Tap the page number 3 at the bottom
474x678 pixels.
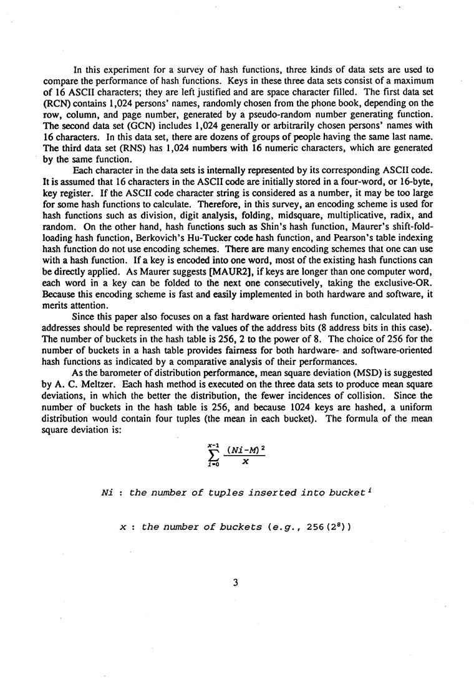[236, 583]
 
